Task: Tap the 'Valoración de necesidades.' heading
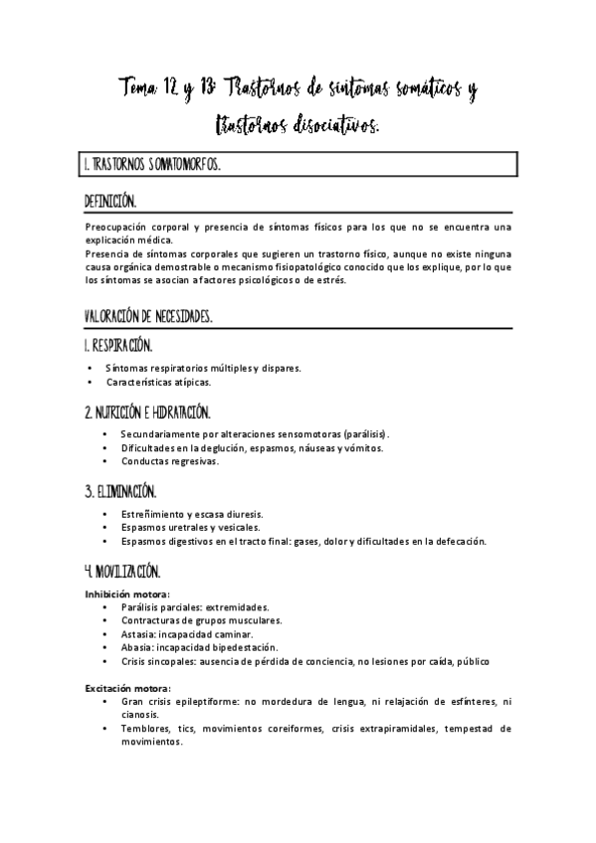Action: click(148, 316)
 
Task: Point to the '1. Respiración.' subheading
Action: click(118, 346)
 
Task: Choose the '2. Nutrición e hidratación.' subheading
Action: click(147, 412)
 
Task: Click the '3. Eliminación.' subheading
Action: click(120, 491)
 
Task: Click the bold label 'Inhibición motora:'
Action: click(126, 593)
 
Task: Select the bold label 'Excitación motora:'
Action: click(127, 688)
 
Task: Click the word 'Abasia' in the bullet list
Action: click(136, 646)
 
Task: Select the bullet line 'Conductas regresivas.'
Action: click(169, 461)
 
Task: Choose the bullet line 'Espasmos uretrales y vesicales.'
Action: click(190, 527)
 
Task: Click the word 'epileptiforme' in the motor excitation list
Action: click(211, 701)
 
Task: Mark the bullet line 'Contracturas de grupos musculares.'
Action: click(200, 619)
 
